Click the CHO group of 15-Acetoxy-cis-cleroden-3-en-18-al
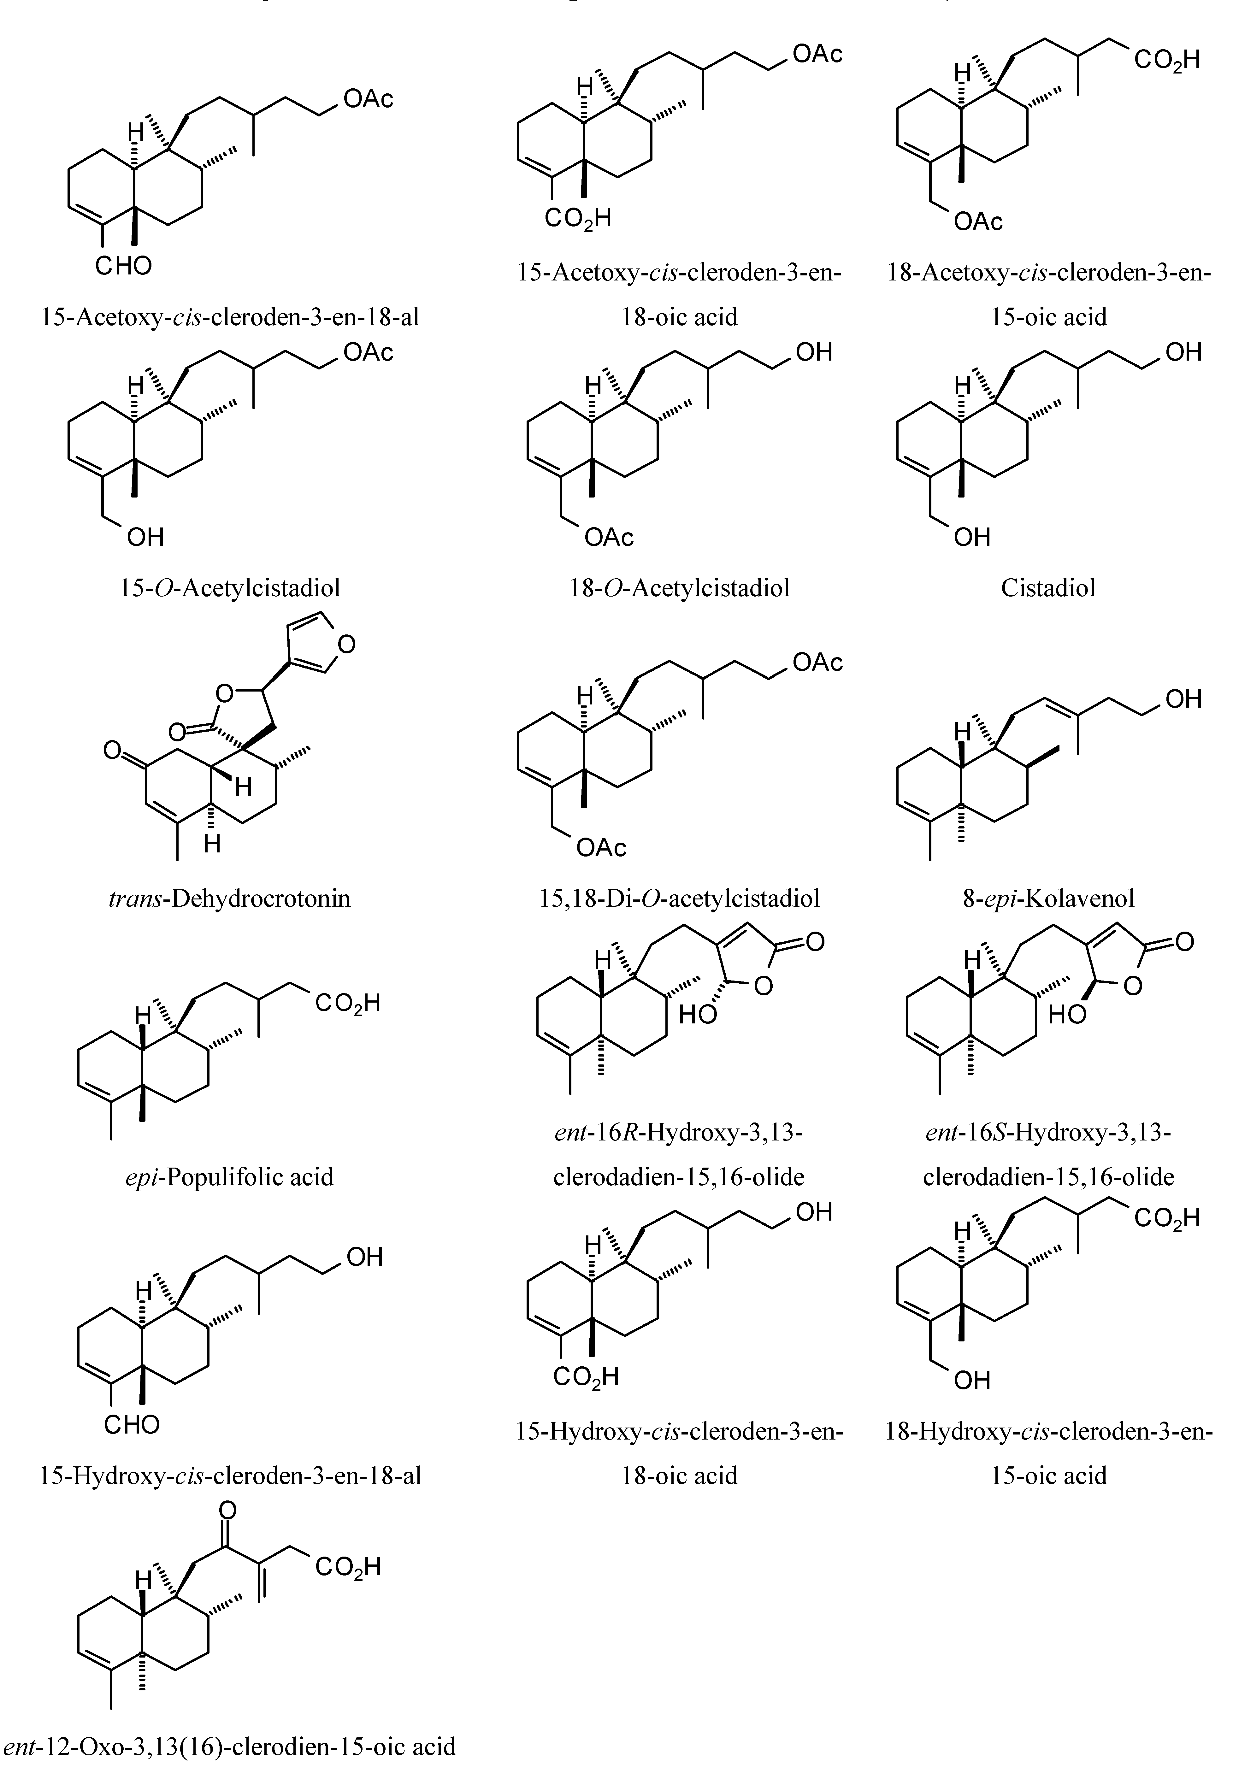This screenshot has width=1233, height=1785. (x=124, y=266)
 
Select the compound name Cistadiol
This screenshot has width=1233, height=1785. (x=1048, y=588)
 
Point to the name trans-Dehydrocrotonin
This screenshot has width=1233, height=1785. (x=229, y=898)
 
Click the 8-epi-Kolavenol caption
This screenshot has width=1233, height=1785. (x=1048, y=898)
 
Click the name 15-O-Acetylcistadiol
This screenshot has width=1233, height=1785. (x=229, y=588)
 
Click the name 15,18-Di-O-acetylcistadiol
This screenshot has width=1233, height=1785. (x=680, y=898)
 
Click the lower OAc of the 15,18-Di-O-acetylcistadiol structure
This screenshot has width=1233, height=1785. (x=601, y=848)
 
